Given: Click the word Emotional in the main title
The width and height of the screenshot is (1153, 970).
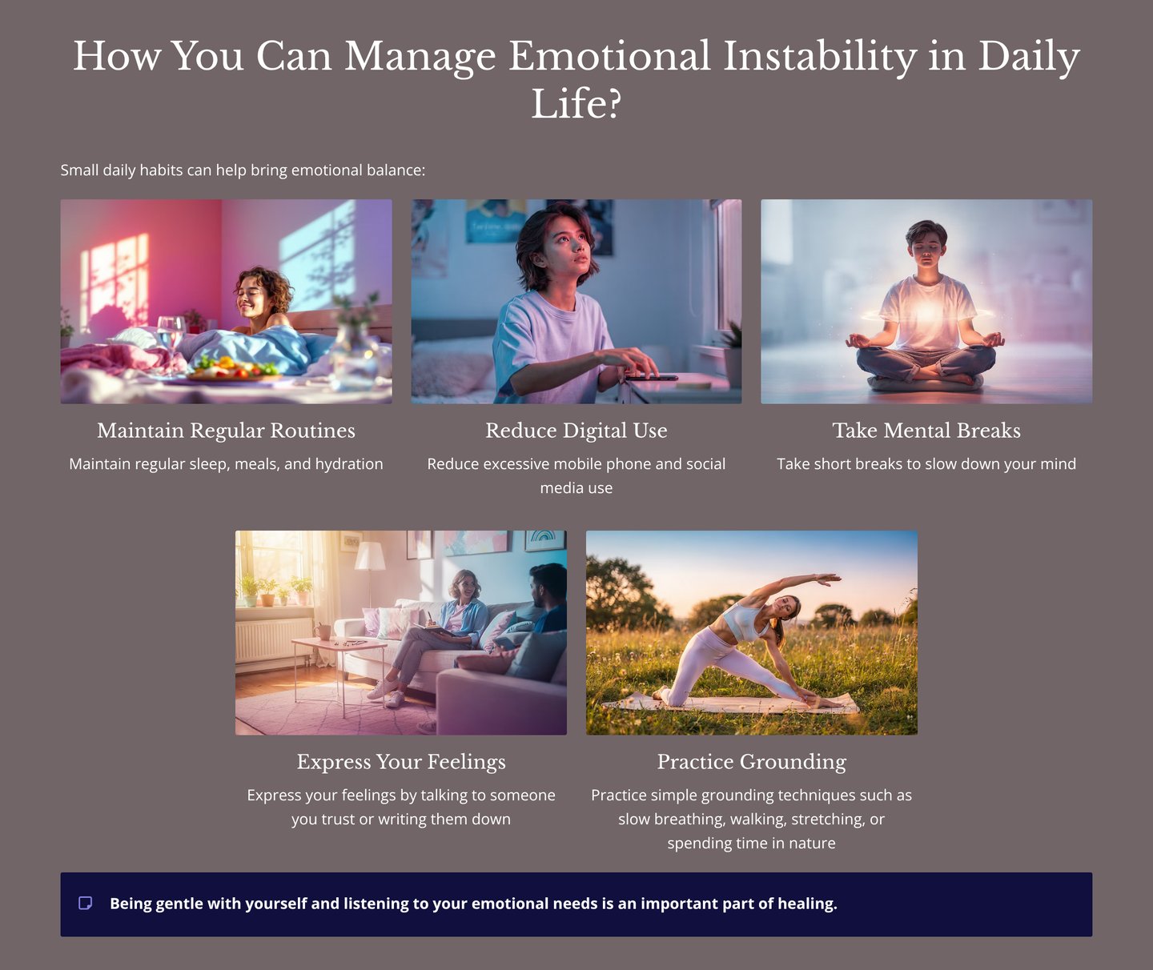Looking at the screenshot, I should point(609,56).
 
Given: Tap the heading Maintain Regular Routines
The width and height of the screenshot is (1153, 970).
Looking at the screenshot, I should point(226,431).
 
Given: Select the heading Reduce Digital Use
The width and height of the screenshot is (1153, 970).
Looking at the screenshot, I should point(576,431).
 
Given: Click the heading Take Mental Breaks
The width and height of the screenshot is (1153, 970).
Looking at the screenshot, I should point(926,431).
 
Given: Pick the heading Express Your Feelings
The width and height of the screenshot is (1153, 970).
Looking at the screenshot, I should point(401,762).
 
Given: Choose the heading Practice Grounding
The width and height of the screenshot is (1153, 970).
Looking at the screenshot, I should point(751,762).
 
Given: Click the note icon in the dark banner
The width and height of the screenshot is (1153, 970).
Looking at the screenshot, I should point(86,904).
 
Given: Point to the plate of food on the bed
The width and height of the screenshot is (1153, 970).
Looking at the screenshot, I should point(232,370).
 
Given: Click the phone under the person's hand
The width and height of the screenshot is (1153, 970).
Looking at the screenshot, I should point(650,377).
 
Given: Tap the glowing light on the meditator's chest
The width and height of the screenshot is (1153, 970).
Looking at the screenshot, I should point(926,313).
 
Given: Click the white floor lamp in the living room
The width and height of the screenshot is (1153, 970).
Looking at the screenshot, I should point(370,560).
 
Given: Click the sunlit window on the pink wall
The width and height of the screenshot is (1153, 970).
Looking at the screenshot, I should point(119,276).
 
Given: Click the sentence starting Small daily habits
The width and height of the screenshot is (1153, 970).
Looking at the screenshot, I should point(243,170).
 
